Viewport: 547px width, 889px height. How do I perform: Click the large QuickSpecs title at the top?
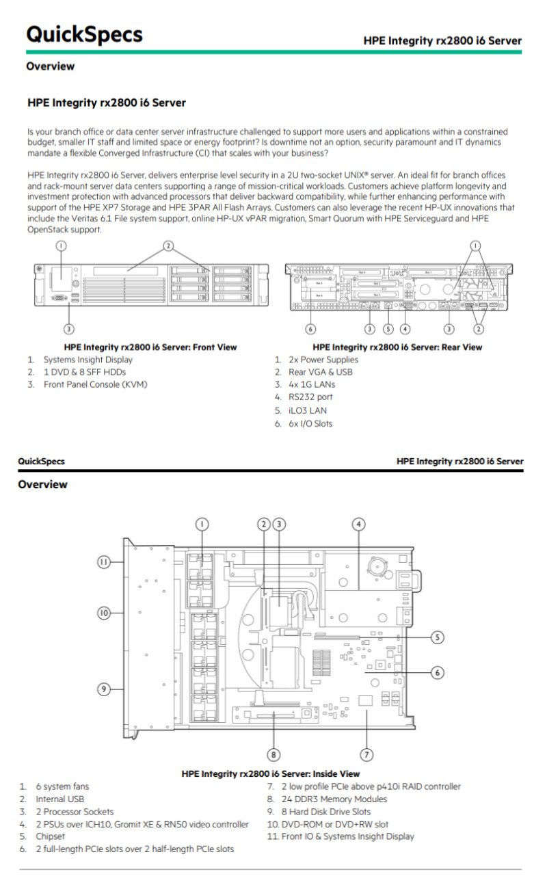(84, 34)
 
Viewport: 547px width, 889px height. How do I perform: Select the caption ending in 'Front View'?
(150, 347)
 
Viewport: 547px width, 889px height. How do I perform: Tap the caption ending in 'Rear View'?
(397, 347)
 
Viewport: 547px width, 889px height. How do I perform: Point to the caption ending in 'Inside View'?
(270, 773)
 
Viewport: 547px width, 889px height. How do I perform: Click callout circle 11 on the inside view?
(103, 561)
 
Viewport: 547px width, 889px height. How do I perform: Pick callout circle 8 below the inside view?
(273, 754)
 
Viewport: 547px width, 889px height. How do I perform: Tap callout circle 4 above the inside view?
(359, 525)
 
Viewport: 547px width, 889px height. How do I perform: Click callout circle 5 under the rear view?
(388, 329)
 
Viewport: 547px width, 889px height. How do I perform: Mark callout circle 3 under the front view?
(69, 329)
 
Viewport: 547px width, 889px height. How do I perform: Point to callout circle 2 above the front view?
(168, 246)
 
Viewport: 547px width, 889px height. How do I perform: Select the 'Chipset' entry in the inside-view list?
(52, 836)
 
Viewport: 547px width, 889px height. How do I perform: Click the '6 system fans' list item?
(62, 786)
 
